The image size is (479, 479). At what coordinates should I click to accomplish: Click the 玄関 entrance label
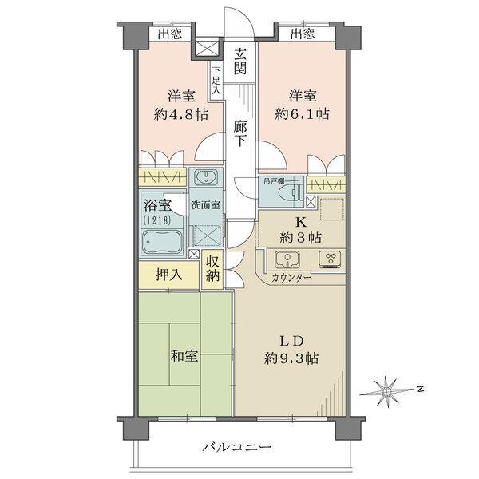coord(240,61)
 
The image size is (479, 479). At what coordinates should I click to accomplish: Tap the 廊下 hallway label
coord(240,133)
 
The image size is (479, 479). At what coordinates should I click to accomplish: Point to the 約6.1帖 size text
coord(301,114)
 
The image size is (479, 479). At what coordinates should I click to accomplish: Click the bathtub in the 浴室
coord(163,242)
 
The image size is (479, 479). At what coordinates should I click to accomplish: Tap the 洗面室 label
coord(207,204)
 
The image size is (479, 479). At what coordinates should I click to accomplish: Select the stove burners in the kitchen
coord(329,259)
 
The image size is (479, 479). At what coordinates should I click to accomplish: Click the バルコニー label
coord(236,448)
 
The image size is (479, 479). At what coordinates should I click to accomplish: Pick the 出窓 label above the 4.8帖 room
coord(168,34)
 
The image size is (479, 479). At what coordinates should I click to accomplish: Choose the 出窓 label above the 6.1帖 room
coord(302,34)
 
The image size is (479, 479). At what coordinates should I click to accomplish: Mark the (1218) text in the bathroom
coord(156,218)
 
